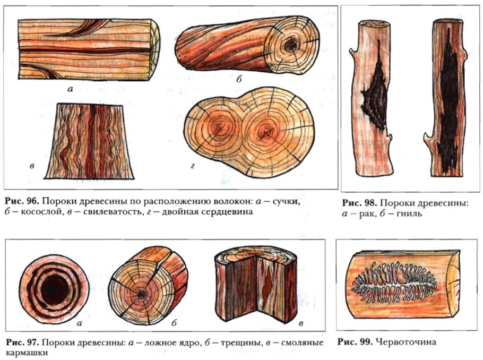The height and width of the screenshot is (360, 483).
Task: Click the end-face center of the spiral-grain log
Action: [x=290, y=44]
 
